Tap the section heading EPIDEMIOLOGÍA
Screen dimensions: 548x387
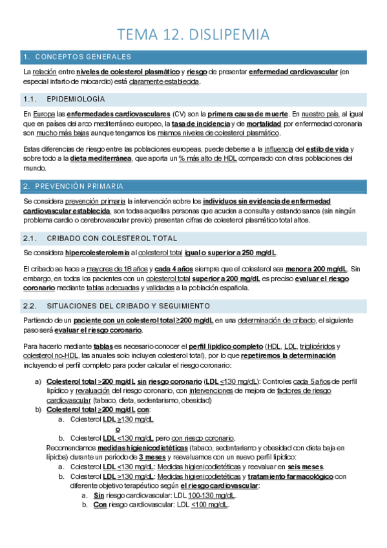[76, 99]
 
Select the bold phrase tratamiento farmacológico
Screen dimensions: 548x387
[289, 476]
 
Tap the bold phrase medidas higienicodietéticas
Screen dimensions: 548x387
[135, 447]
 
